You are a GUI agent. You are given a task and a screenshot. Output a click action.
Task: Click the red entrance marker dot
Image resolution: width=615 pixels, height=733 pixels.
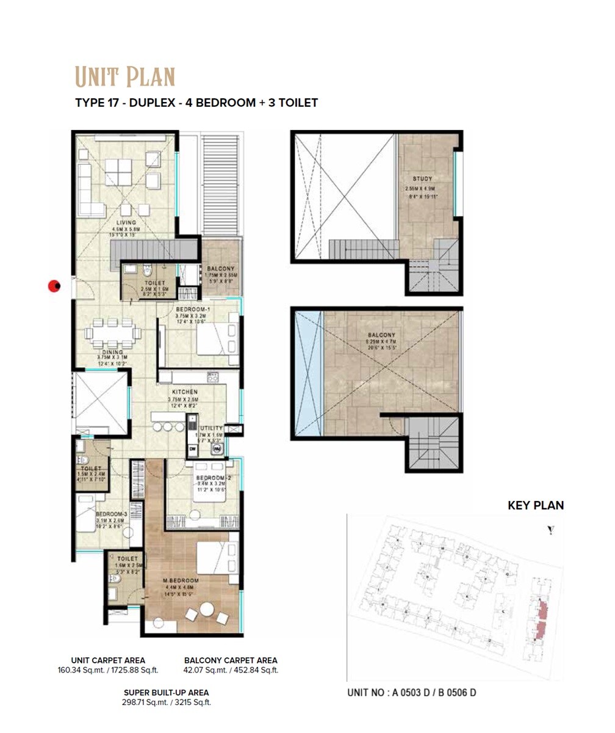(x=55, y=286)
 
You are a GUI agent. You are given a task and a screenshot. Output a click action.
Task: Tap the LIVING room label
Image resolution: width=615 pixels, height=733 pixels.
(x=126, y=223)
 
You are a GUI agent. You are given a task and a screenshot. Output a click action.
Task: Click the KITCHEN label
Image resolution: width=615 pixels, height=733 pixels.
(x=184, y=392)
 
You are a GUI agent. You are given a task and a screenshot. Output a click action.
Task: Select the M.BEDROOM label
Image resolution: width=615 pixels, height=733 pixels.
(x=181, y=580)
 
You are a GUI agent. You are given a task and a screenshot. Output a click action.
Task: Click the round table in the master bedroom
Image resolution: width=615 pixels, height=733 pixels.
(x=207, y=610)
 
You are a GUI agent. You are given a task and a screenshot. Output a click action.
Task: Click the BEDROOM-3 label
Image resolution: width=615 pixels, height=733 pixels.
(x=111, y=514)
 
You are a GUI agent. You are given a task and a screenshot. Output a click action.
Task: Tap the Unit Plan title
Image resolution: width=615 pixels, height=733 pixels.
(x=125, y=78)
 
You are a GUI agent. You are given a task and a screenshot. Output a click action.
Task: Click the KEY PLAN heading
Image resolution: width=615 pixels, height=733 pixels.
(x=536, y=506)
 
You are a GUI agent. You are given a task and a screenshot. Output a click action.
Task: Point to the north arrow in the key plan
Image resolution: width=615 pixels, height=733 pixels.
(x=551, y=531)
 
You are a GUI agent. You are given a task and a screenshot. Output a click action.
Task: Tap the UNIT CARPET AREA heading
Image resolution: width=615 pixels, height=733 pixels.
(x=108, y=660)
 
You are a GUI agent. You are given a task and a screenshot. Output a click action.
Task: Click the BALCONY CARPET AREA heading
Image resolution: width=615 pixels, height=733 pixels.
(x=231, y=660)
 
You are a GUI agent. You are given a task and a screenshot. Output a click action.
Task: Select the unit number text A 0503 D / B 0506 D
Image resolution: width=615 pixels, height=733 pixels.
(x=411, y=693)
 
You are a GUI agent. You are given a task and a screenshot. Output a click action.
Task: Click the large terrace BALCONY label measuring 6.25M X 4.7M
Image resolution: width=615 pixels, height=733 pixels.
(x=381, y=335)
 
